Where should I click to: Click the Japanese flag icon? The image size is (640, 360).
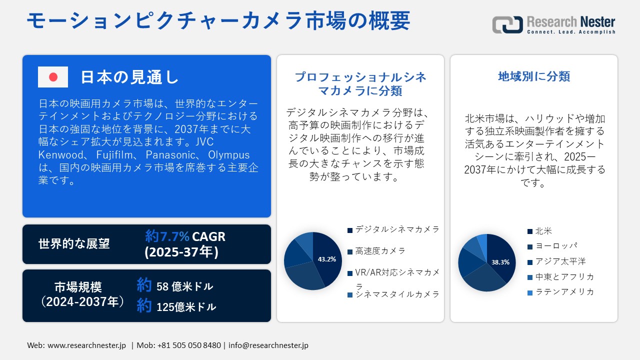pyautogui.click(x=53, y=77)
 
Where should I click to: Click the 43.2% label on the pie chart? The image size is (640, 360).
pyautogui.click(x=327, y=259)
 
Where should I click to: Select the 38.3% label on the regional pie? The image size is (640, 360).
pyautogui.click(x=500, y=262)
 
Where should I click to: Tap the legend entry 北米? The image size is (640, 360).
pyautogui.click(x=543, y=231)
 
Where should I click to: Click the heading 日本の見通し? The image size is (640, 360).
pyautogui.click(x=129, y=77)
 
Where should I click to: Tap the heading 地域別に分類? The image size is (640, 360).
pyautogui.click(x=534, y=76)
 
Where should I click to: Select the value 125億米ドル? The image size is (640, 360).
pyautogui.click(x=186, y=306)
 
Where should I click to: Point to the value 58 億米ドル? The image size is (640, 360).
pyautogui.click(x=184, y=286)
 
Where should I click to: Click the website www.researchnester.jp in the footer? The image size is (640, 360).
pyautogui.click(x=86, y=345)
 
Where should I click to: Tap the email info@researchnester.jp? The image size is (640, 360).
pyautogui.click(x=268, y=345)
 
